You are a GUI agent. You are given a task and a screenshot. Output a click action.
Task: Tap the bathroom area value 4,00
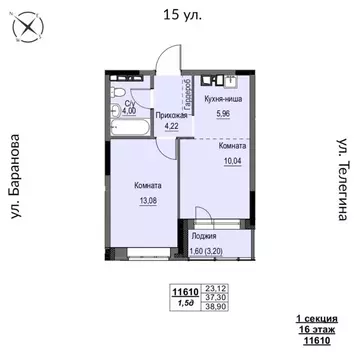coord(129,111)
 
